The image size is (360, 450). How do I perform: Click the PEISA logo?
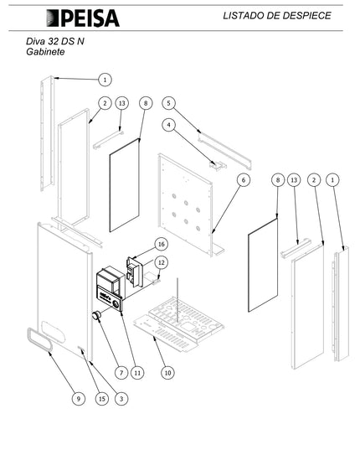[x=83, y=18]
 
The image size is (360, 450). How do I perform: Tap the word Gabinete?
[x=45, y=52]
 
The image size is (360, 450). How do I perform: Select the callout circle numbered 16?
[x=162, y=244]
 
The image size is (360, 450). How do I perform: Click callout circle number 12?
[x=162, y=262]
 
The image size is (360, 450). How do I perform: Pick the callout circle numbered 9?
[x=79, y=399]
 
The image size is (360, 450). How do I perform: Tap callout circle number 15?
[x=102, y=399]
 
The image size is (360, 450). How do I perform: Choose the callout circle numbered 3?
[x=121, y=399]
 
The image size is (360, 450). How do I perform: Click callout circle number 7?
[x=121, y=373]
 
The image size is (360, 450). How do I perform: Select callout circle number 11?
[x=137, y=373]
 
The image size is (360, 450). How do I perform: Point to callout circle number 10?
[x=167, y=373]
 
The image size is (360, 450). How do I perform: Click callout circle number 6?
[x=244, y=180]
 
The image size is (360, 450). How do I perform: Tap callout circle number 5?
[x=168, y=103]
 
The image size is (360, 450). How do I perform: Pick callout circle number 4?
[x=168, y=125]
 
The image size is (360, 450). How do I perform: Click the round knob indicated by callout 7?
[x=97, y=316]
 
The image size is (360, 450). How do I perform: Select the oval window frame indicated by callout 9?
[x=40, y=339]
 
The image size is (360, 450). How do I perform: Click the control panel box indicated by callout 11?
[x=111, y=288]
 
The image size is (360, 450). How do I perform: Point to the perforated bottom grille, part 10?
[x=178, y=324]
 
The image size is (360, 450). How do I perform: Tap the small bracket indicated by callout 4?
[x=218, y=165]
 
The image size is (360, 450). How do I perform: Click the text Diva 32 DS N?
[x=55, y=41]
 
